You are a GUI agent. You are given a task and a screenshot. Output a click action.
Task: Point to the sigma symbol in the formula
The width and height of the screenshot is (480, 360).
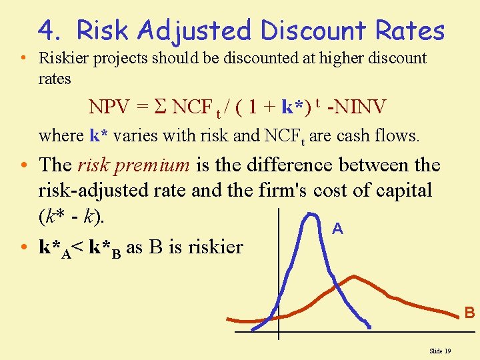coord(159,107)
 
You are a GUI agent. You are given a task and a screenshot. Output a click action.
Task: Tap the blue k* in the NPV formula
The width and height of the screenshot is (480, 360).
coord(291,107)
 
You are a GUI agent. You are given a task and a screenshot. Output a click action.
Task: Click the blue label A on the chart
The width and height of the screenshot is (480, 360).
coord(338,229)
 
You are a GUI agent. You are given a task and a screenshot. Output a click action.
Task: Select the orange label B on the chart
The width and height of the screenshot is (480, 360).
coord(469,312)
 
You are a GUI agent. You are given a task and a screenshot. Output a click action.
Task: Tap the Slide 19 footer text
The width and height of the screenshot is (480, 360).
coord(440,351)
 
